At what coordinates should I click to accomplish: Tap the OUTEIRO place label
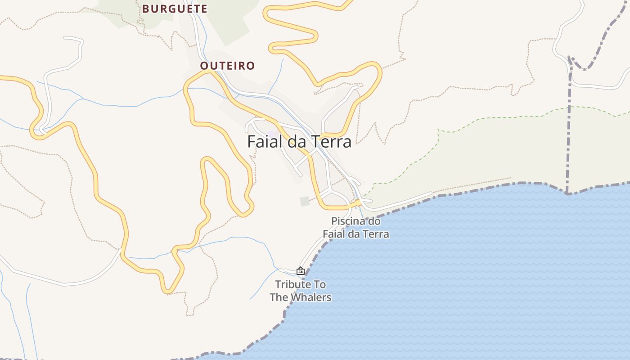tap(227, 66)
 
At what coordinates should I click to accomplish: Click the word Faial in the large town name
tap(264, 141)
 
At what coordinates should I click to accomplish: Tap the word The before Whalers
tap(279, 297)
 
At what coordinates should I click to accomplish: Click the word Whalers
tap(311, 297)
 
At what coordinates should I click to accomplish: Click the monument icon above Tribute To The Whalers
tap(301, 271)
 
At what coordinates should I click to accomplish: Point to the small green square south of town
tap(305, 201)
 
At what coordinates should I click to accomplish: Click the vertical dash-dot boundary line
tap(569, 135)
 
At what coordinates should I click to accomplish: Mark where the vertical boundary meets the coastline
tap(567, 193)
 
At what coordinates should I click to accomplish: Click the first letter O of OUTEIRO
tap(204, 66)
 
